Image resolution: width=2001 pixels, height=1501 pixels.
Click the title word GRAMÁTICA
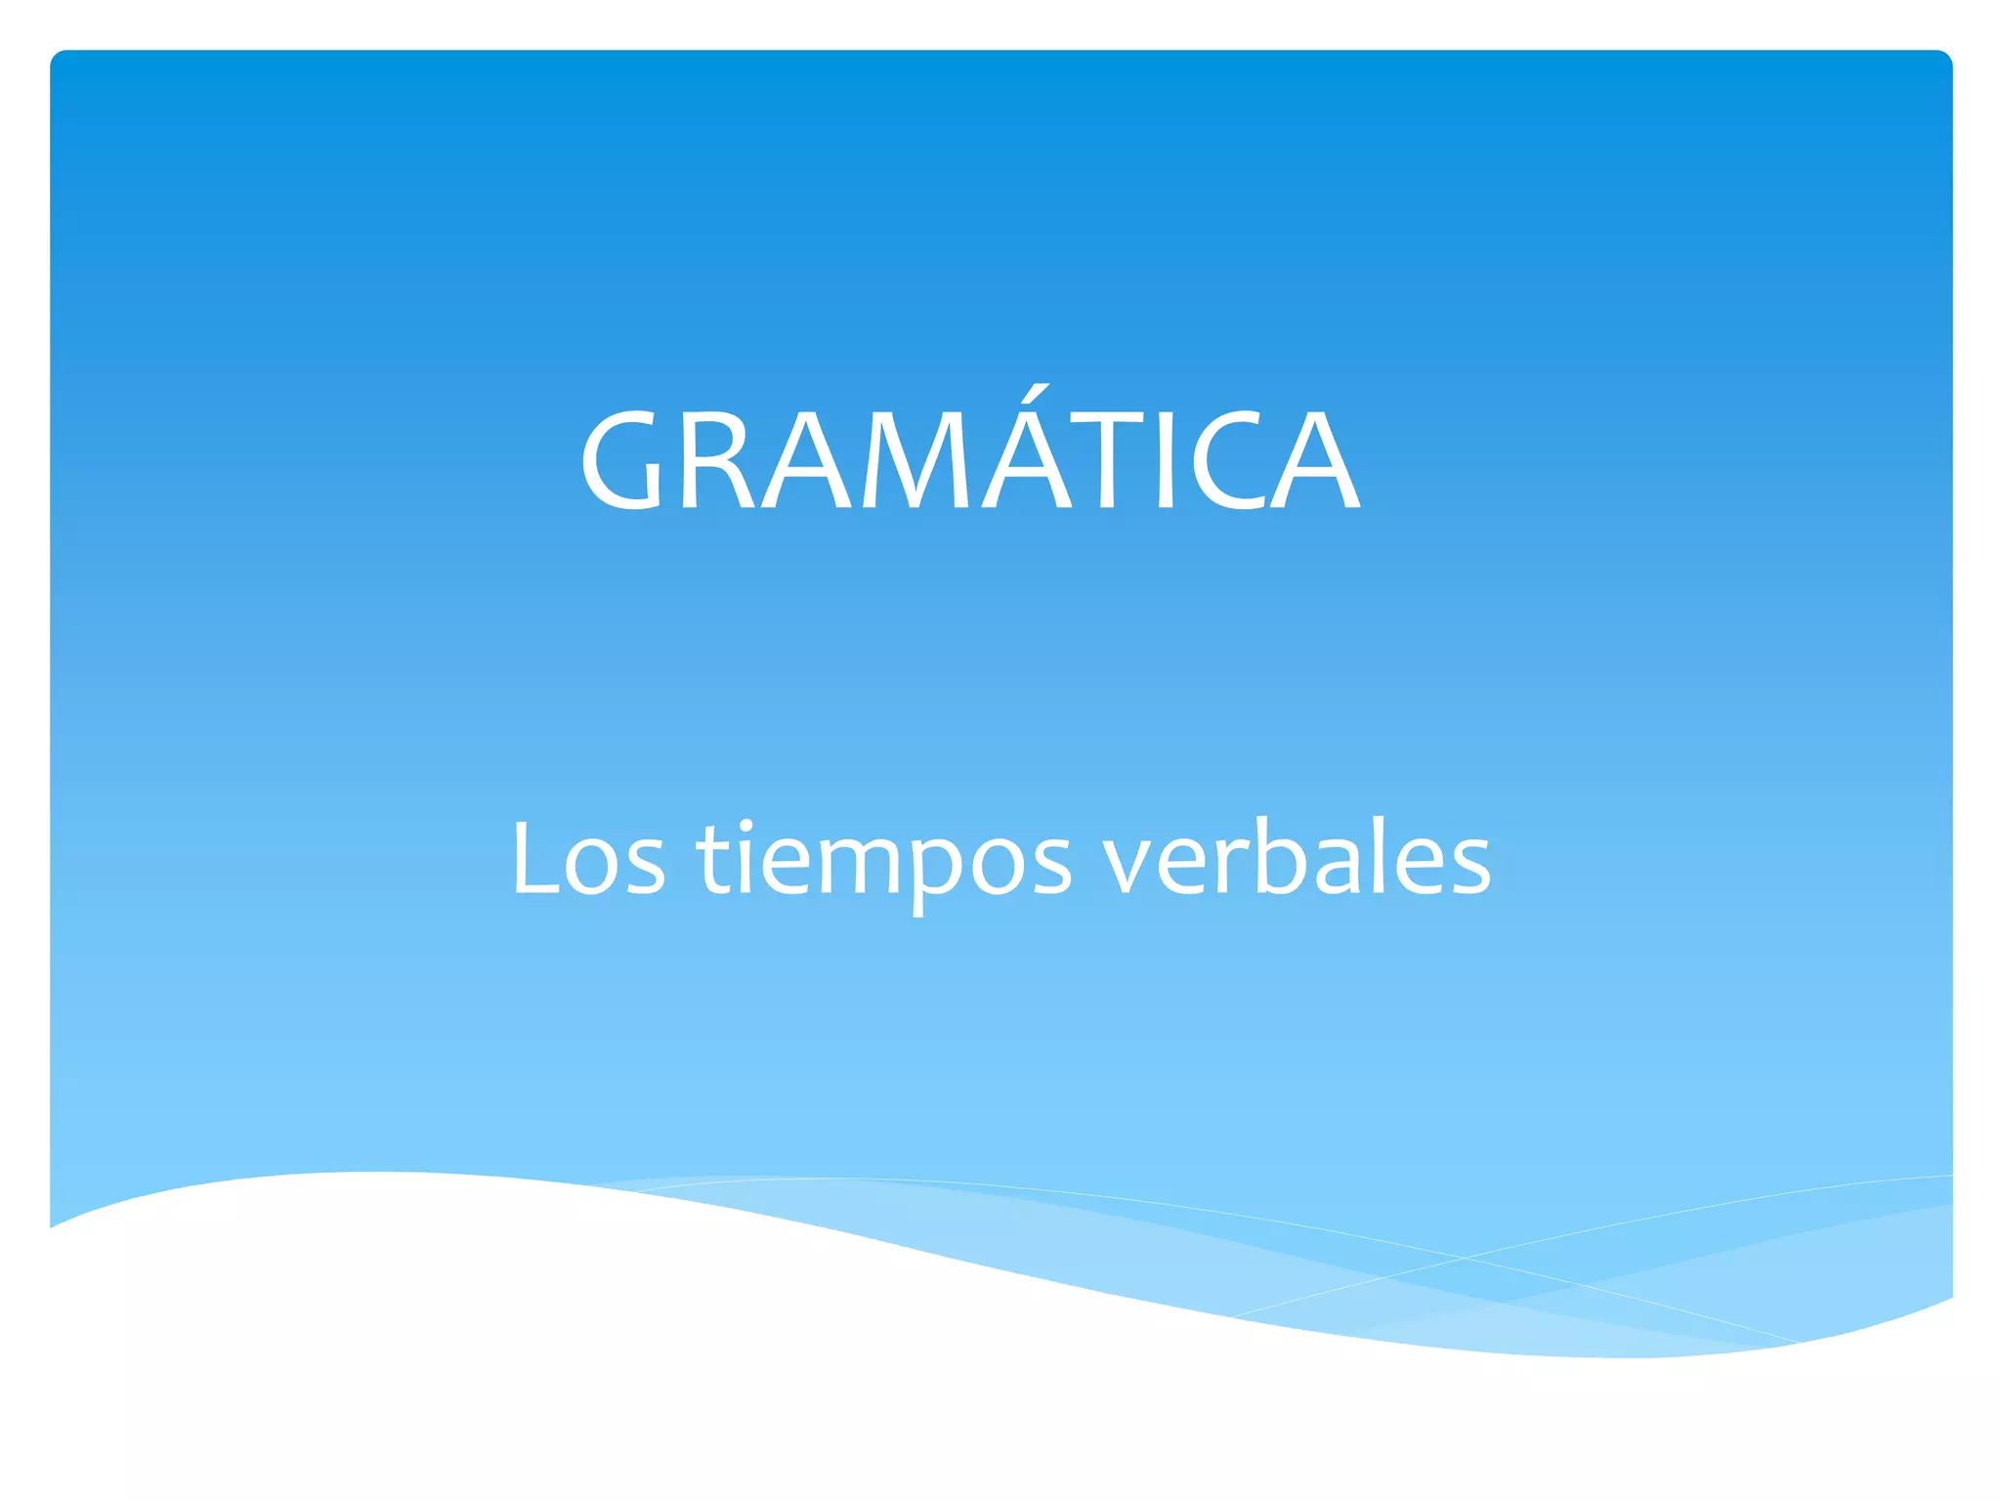[x=969, y=458]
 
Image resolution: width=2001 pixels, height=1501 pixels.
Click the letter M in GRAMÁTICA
[x=914, y=459]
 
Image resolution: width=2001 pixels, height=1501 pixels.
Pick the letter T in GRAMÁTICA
[x=1107, y=459]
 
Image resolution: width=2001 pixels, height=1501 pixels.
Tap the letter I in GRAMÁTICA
[x=1165, y=459]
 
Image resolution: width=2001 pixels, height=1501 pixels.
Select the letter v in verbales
[x=1133, y=864]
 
